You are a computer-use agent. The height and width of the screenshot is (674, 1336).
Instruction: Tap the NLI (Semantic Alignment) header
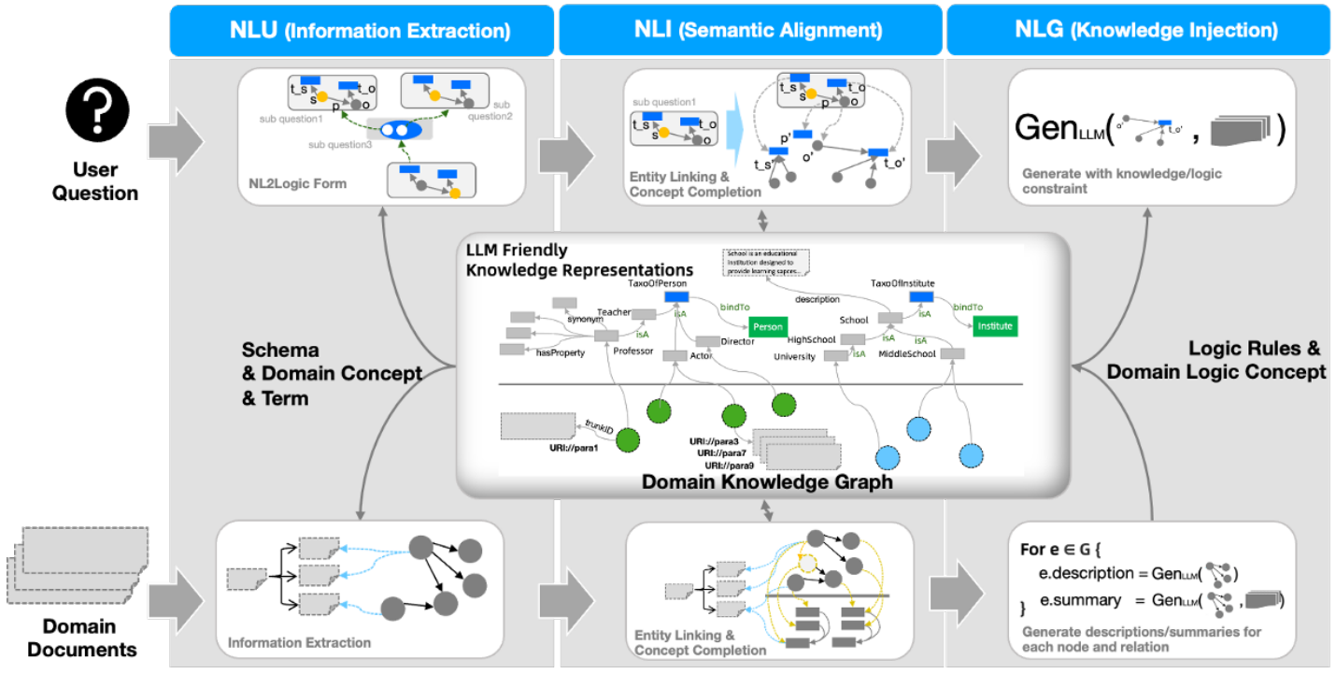(x=747, y=30)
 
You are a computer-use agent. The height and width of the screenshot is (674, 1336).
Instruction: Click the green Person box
(x=767, y=327)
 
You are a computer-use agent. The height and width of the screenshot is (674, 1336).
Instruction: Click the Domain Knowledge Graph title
(x=767, y=482)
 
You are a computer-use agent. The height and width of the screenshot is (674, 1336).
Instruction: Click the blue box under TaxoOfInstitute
(x=923, y=296)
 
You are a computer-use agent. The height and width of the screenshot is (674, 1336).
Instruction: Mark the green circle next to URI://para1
(x=627, y=439)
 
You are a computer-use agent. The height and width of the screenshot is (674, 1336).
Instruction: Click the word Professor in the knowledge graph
(x=633, y=351)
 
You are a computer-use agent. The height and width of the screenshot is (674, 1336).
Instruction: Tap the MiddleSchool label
(x=908, y=354)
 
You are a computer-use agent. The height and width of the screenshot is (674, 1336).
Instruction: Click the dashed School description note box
(x=765, y=262)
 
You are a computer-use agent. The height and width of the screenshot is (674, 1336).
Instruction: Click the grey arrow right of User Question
(x=181, y=140)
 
